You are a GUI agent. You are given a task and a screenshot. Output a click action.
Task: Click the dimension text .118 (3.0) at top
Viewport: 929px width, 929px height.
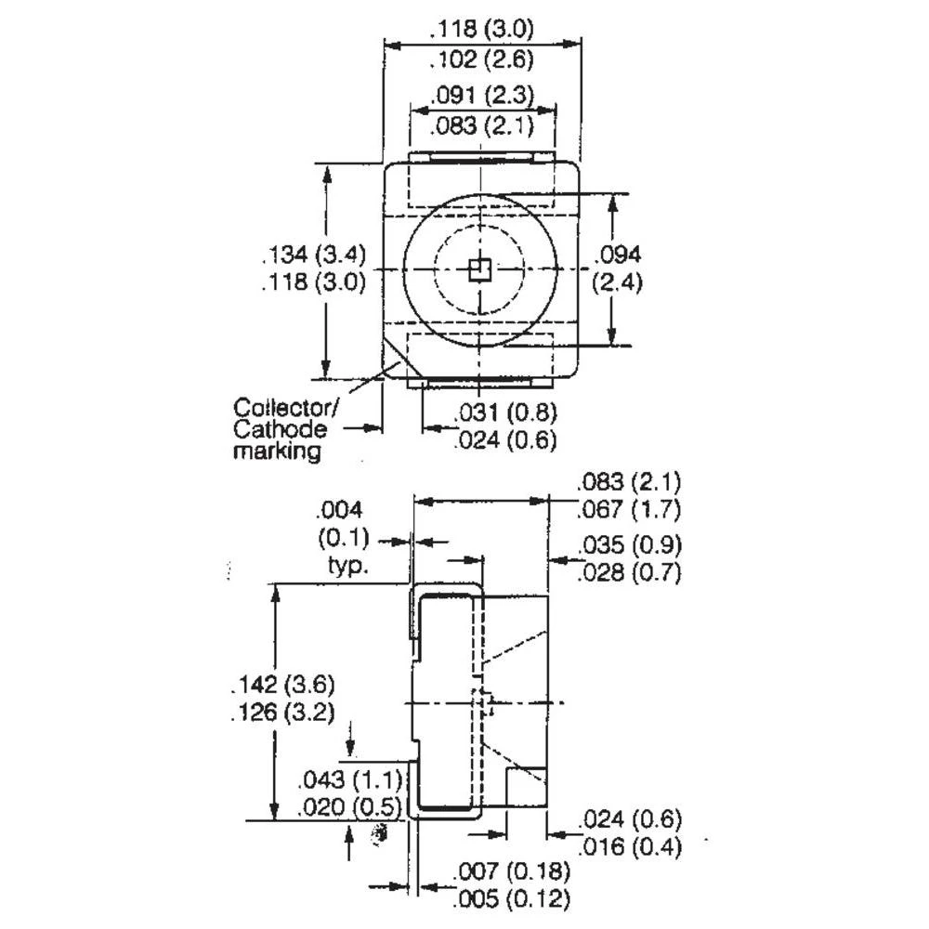(480, 28)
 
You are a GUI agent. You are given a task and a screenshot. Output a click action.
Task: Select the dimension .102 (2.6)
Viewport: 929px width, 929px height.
(480, 61)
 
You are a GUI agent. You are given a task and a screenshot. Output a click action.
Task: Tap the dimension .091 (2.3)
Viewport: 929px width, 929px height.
(480, 95)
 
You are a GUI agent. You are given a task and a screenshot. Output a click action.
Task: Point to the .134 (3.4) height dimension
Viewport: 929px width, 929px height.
(315, 254)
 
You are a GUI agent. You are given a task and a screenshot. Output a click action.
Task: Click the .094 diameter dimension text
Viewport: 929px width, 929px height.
(619, 254)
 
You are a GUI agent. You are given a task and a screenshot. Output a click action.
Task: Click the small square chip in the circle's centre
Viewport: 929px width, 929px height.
(479, 269)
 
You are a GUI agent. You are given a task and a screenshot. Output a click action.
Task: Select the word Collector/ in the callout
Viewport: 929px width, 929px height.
(287, 407)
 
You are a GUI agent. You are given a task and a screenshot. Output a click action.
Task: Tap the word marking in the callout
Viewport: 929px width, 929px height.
(276, 452)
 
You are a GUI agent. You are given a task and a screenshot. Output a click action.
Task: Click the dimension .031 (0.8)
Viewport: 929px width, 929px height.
(505, 413)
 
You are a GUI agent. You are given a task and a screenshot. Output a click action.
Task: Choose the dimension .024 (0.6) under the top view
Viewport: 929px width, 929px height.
(505, 441)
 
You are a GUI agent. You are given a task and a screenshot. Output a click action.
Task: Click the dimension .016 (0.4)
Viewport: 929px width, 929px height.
(631, 846)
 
